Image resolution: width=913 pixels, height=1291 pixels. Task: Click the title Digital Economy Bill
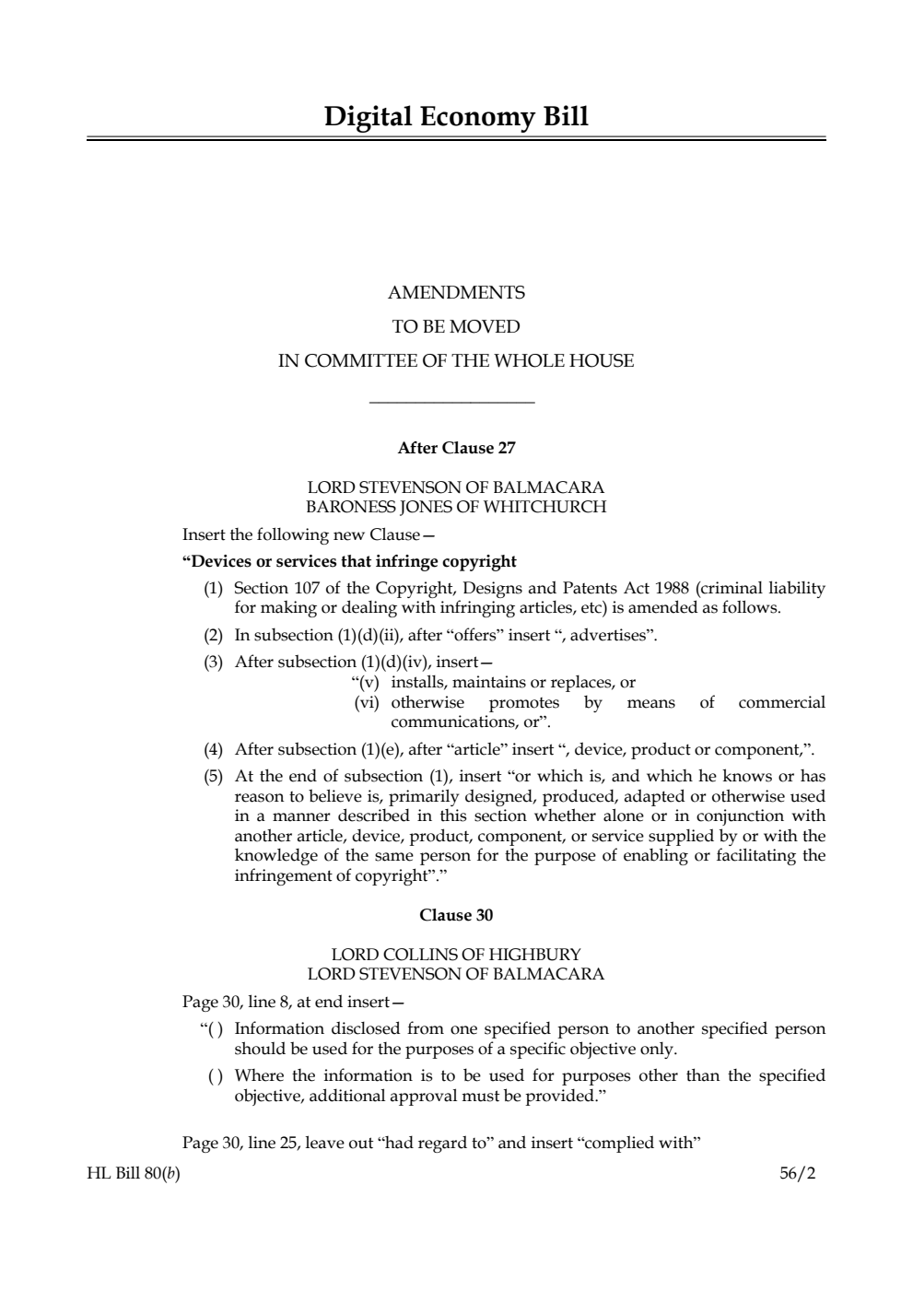pyautogui.click(x=456, y=117)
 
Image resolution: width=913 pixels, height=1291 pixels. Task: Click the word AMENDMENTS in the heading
pyautogui.click(x=456, y=293)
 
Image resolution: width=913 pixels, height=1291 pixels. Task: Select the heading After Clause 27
pyautogui.click(x=456, y=448)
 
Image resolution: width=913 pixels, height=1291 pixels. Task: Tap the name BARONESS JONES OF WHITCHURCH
pyautogui.click(x=456, y=507)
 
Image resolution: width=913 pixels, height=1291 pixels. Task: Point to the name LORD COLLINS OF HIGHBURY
pyautogui.click(x=456, y=954)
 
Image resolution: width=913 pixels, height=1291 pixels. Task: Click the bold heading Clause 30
pyautogui.click(x=456, y=915)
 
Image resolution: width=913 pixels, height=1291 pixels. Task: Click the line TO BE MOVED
pyautogui.click(x=456, y=326)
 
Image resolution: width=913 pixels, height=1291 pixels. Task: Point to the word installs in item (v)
pyautogui.click(x=418, y=683)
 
